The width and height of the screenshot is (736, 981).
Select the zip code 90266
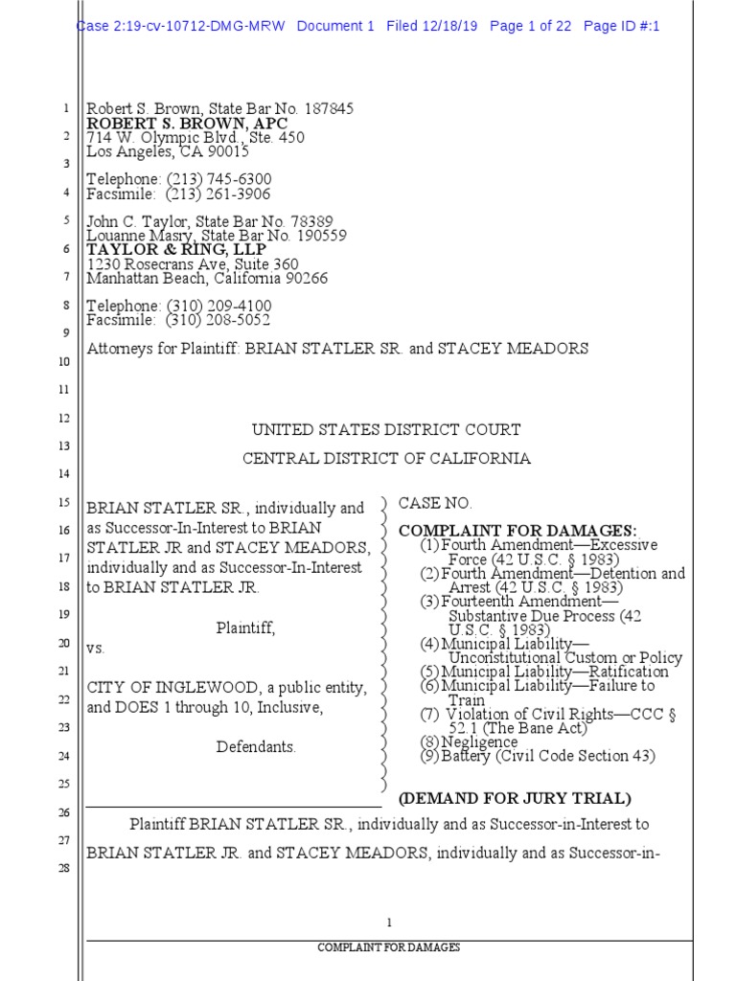coord(304,279)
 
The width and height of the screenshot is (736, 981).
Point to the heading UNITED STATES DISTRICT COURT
coord(386,430)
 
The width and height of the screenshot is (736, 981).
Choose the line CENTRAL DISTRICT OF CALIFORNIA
coord(386,458)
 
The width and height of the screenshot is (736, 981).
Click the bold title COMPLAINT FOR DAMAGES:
coord(517,531)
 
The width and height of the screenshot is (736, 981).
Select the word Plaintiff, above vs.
coord(245,627)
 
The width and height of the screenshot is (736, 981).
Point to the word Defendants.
coord(256,746)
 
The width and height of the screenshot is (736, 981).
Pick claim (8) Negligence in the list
coord(470,741)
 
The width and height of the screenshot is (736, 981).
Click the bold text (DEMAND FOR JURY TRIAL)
coord(515,798)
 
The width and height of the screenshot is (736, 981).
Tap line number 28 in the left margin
coord(65,869)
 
